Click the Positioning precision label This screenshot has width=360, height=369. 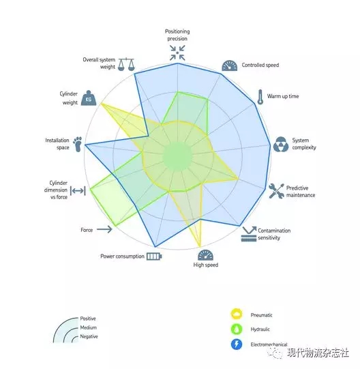tap(177, 35)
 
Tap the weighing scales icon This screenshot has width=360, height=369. tap(126, 64)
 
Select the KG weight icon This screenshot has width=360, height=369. tap(89, 98)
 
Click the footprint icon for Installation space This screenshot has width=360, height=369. tap(78, 144)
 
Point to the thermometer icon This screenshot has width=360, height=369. tap(260, 97)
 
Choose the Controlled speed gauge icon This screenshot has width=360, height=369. tap(230, 65)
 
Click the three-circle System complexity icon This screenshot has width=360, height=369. tap(281, 144)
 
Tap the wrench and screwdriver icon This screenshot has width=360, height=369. tap(277, 191)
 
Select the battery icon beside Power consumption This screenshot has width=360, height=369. tap(154, 256)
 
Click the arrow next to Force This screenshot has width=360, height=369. tap(104, 229)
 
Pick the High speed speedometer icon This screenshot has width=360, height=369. tap(205, 255)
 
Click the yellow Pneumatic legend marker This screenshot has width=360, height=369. tap(237, 314)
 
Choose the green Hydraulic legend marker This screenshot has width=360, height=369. tap(237, 329)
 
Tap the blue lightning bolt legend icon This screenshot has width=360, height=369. tap(237, 344)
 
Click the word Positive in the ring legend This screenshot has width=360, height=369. tap(88, 319)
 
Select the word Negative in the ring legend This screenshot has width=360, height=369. tap(89, 336)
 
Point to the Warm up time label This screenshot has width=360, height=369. tap(283, 96)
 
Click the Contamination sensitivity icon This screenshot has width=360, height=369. tap(249, 234)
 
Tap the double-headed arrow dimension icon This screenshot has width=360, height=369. tap(78, 190)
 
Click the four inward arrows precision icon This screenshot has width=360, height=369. tap(177, 53)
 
